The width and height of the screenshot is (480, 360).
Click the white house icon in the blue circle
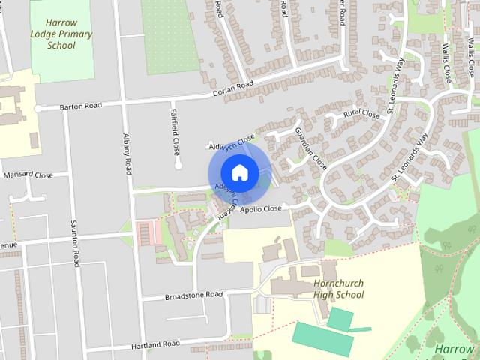pos(239,172)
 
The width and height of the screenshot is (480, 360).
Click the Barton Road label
pos(80,106)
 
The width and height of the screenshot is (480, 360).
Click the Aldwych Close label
pos(232,142)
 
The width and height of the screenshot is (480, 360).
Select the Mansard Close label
pos(28,175)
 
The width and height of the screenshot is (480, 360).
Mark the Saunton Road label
pos(75,244)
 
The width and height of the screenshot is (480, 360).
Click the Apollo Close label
pos(261,208)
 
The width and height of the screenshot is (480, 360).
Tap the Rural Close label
pos(361,115)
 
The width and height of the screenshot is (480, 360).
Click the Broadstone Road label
pos(194,295)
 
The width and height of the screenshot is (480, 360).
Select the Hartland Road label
pos(155,343)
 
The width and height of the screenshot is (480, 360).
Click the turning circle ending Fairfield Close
pos(178,163)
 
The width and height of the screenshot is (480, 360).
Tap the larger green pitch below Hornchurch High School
pos(322,338)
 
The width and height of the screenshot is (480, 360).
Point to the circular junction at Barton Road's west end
pos(37,109)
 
